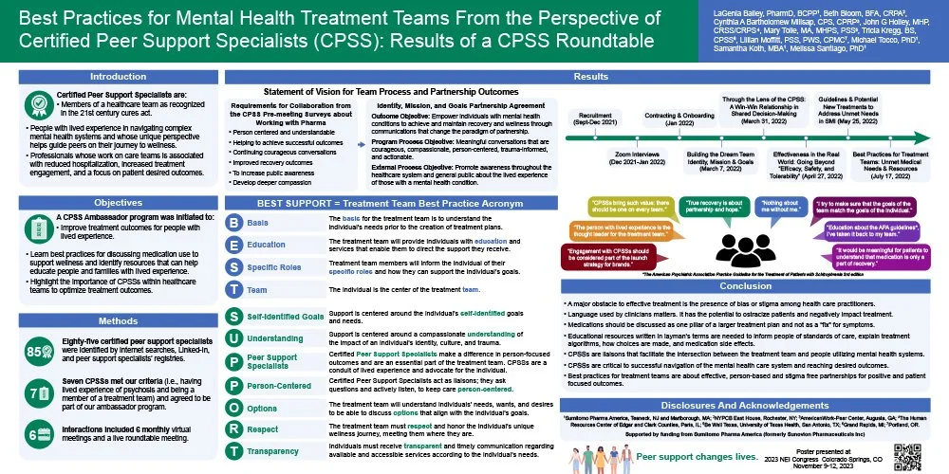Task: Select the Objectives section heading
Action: pyautogui.click(x=119, y=202)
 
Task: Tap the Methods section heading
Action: pyautogui.click(x=119, y=320)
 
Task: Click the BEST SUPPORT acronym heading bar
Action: pyautogui.click(x=392, y=202)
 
